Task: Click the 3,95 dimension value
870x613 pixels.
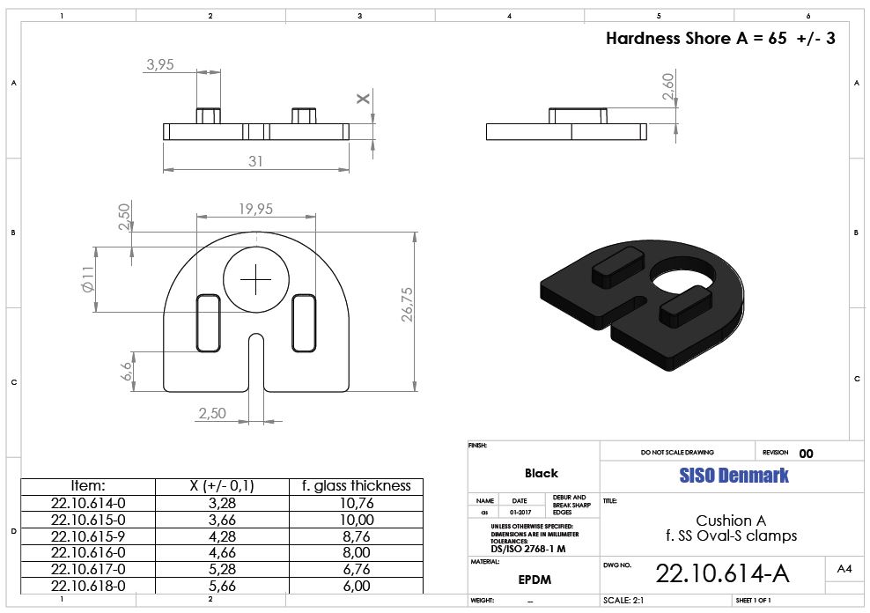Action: (x=160, y=64)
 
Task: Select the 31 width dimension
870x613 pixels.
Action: (x=255, y=161)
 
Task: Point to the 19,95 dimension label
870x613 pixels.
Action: (x=255, y=209)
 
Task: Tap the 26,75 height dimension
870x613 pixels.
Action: (x=407, y=304)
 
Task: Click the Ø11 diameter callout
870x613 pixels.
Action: (x=88, y=279)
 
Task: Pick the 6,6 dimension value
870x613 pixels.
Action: (x=127, y=371)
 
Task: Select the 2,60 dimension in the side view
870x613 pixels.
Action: (x=668, y=86)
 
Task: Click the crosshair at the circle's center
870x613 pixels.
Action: (x=255, y=279)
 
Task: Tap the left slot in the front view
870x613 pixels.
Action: (x=208, y=323)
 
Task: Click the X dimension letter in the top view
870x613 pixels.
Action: (x=363, y=99)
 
